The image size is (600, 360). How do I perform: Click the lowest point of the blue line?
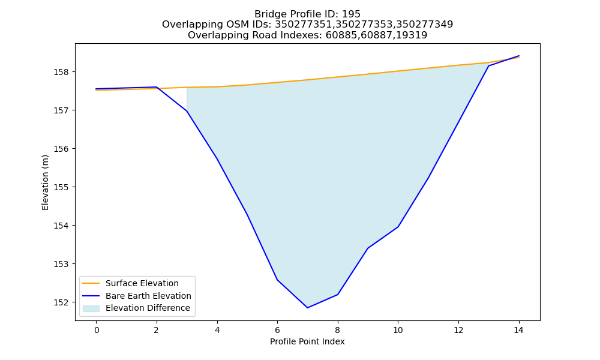(307, 308)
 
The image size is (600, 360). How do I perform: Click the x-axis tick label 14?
(518, 330)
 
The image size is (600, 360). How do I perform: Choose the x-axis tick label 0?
(97, 330)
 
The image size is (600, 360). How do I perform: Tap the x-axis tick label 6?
(277, 330)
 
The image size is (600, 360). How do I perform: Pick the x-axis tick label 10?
(398, 330)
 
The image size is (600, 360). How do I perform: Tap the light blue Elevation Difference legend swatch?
(91, 308)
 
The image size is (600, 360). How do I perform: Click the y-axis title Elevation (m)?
(45, 182)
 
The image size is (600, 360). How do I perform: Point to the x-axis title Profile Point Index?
(307, 341)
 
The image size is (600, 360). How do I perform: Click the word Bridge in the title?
(268, 14)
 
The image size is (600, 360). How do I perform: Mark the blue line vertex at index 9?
(368, 248)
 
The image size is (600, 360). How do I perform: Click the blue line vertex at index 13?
(488, 66)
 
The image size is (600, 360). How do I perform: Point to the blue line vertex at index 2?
(157, 87)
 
